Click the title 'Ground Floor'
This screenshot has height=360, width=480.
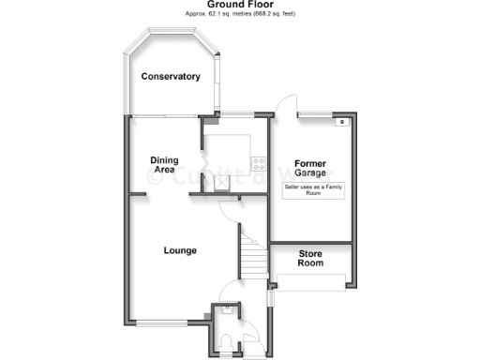point(240,5)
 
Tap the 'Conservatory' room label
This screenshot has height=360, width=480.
point(171,76)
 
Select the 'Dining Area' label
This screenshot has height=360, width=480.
point(164,165)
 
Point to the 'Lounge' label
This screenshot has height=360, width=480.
point(179,250)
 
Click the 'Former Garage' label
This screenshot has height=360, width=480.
point(309,169)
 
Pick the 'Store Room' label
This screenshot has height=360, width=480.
point(310,259)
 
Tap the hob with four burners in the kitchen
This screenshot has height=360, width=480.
point(256,163)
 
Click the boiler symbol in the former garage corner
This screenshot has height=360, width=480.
point(343,122)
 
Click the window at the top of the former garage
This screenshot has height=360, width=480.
point(316,114)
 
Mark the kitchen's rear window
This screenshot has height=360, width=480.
point(234,114)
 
